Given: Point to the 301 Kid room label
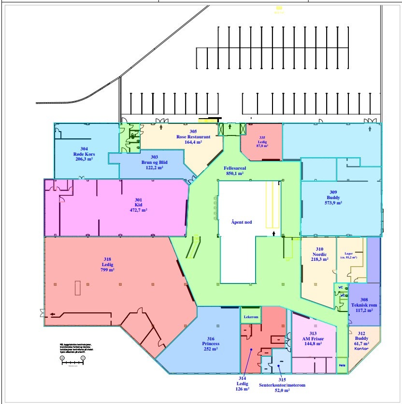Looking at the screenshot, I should click(138, 205).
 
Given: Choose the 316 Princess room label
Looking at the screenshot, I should click(211, 344).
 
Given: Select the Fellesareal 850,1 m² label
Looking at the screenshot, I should click(234, 170).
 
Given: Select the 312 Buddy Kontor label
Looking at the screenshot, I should click(362, 340).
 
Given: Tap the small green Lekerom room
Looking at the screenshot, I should click(250, 317).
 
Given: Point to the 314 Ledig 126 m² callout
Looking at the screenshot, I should click(243, 384).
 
